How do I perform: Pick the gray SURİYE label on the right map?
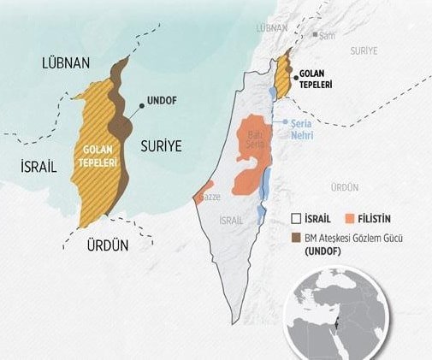click(x=364, y=51)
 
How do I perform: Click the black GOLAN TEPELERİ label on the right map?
click(x=316, y=80)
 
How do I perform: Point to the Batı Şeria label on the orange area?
click(x=255, y=139)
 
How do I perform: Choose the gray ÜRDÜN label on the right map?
click(x=345, y=186)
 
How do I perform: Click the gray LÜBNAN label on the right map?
click(x=269, y=28)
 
